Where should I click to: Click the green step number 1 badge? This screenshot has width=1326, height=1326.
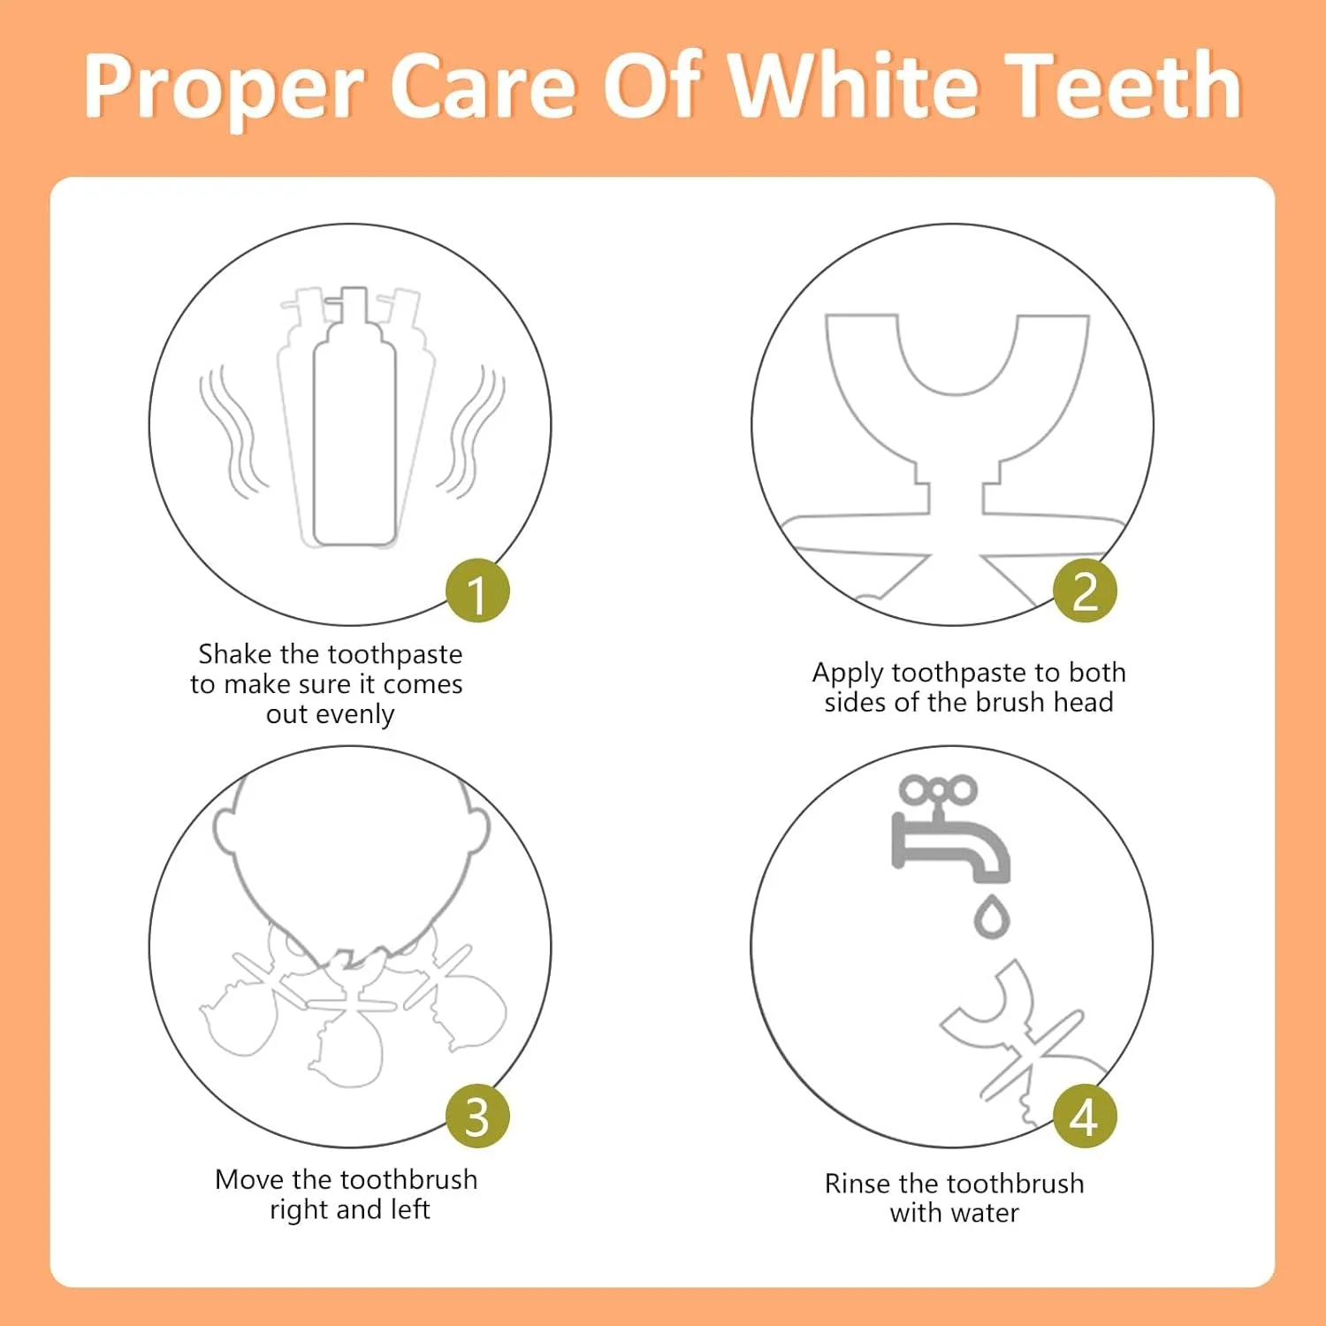click(477, 591)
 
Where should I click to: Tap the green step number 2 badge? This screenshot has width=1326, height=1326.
click(1085, 591)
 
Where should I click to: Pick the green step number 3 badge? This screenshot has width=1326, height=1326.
click(477, 1116)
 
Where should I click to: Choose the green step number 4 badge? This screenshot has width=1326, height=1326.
click(1085, 1116)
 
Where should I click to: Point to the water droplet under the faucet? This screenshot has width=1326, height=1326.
click(992, 917)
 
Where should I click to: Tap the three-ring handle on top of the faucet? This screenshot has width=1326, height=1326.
click(938, 789)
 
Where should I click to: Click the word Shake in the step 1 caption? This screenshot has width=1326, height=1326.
click(234, 654)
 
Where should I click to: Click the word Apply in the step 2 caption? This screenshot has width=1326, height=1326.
click(848, 674)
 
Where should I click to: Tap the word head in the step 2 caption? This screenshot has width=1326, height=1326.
click(1085, 702)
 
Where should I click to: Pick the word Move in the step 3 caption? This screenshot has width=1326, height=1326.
click(249, 1179)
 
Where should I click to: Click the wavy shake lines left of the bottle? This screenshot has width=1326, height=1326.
click(232, 431)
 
